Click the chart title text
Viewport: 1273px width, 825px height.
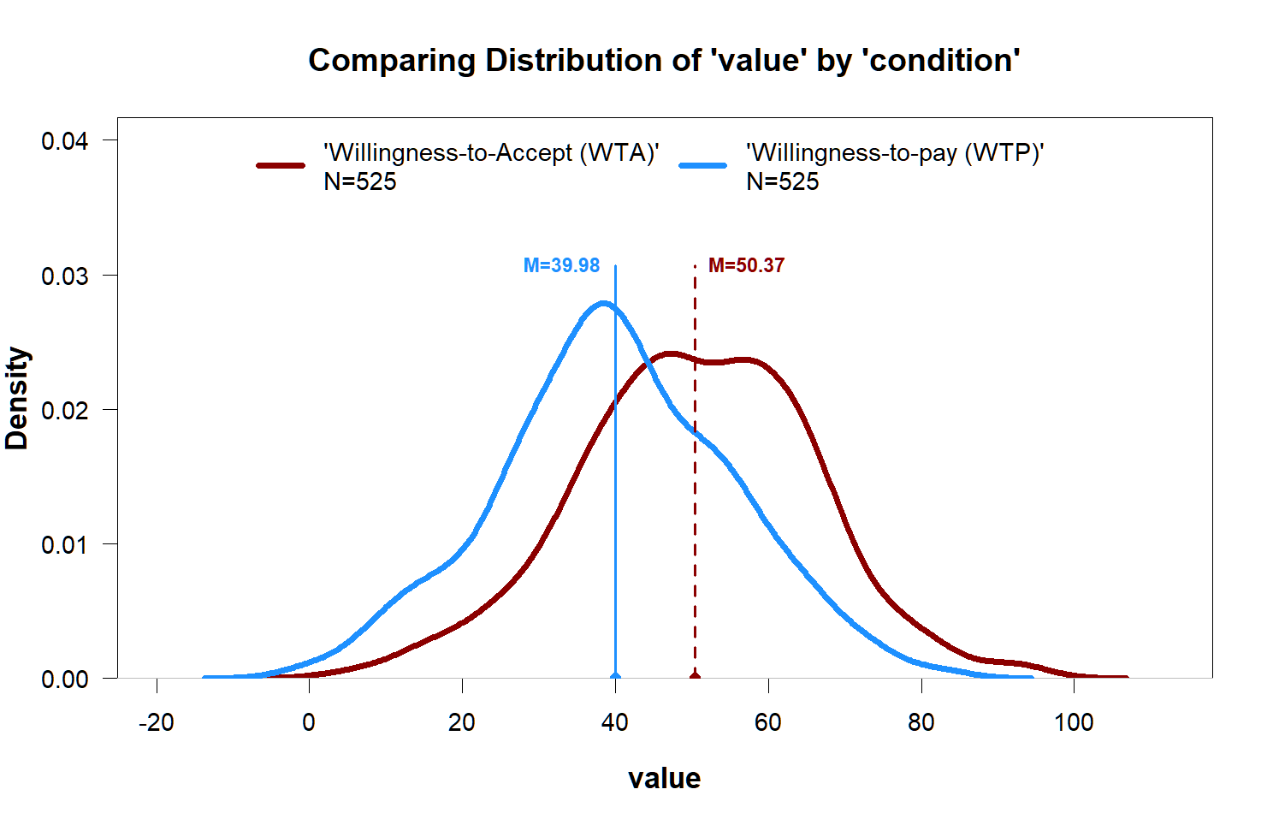coord(664,61)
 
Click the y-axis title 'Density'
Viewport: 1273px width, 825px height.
coord(18,398)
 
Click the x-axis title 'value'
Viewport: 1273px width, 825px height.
coord(664,778)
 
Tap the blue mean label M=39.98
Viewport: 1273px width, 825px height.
coord(561,266)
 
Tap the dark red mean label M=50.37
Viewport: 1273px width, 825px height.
coord(746,266)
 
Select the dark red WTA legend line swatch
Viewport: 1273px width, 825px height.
coord(281,165)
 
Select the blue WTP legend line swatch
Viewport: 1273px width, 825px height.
coord(703,165)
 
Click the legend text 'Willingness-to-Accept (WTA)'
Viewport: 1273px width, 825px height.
coord(491,153)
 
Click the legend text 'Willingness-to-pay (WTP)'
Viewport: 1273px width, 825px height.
coord(895,153)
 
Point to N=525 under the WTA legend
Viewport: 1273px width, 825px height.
coord(360,181)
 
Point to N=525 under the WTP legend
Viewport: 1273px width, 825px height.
coord(783,181)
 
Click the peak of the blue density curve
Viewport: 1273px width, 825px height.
coord(603,303)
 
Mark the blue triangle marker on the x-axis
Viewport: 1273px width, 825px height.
coord(615,675)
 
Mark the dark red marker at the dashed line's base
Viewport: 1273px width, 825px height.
coord(695,676)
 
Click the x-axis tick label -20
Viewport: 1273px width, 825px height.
coord(156,723)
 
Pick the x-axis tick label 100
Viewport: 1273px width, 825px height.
coord(1074,723)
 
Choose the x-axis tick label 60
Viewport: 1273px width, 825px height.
coord(767,723)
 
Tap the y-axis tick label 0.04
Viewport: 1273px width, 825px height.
coord(65,140)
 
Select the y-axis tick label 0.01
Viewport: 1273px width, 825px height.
coord(65,544)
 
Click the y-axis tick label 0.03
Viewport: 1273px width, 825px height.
coord(65,276)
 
